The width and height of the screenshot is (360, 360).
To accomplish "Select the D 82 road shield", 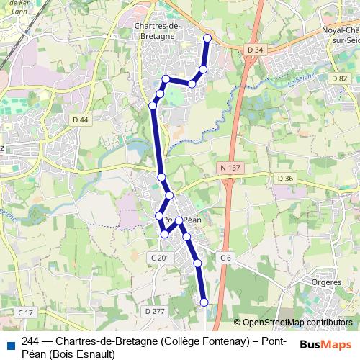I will click(340, 78).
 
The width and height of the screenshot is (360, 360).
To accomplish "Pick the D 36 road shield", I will click(285, 179).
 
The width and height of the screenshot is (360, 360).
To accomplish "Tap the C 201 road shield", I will click(160, 257).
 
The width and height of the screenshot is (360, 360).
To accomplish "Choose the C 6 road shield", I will click(226, 257).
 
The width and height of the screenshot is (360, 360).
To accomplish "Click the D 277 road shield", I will click(154, 311).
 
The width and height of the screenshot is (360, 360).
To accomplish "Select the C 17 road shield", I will click(26, 312).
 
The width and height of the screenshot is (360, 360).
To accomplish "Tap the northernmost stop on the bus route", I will click(207, 37).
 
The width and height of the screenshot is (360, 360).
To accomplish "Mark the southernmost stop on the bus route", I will click(204, 302).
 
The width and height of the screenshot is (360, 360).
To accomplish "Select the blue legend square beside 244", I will click(9, 343).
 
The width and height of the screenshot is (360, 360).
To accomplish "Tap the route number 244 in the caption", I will click(31, 341).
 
